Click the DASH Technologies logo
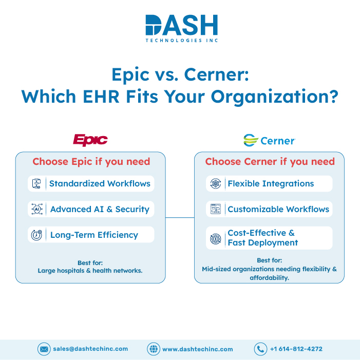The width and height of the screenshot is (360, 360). (182, 28)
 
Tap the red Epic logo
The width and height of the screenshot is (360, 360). (90, 140)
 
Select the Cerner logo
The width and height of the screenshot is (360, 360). (269, 140)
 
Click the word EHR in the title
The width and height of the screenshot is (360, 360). (101, 97)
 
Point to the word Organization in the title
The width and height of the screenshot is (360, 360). (275, 97)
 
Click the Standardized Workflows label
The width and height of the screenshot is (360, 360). (100, 183)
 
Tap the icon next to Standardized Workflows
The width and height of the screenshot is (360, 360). (36, 184)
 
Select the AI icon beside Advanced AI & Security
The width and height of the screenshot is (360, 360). (37, 209)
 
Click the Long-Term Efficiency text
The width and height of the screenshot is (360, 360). (94, 235)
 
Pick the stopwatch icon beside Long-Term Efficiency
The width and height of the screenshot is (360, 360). (36, 235)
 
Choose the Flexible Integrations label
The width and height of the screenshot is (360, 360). (271, 183)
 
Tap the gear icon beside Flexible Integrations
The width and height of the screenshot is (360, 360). (216, 184)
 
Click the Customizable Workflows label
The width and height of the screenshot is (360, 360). (278, 209)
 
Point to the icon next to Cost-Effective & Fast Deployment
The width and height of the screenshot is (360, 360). (216, 239)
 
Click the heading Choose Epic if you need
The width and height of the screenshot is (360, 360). (91, 162)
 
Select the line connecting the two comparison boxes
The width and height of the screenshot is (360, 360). (180, 217)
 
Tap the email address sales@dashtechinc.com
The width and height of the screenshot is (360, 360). (90, 349)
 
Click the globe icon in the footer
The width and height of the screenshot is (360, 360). (154, 349)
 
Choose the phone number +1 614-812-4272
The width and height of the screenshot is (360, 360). (296, 349)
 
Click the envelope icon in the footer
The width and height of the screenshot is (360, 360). (44, 349)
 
